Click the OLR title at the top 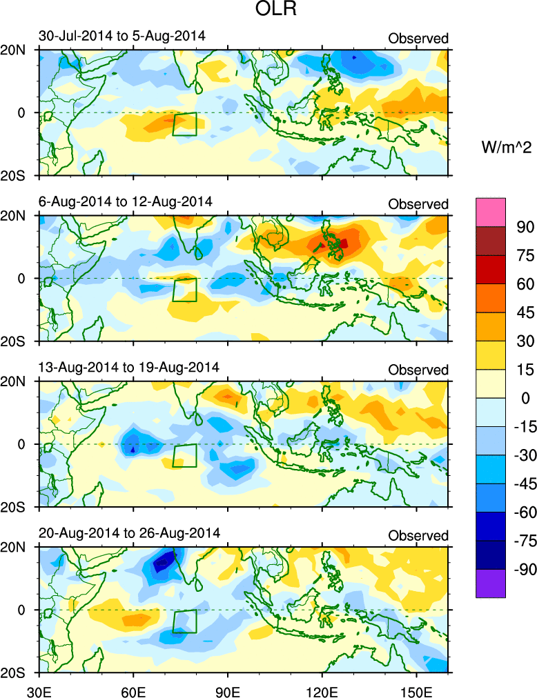(268, 11)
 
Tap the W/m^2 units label (506, 148)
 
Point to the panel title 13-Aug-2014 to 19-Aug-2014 (128, 367)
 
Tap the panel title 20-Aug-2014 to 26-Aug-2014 (128, 532)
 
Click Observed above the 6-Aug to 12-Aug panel (418, 204)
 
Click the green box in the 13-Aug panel (184, 456)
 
